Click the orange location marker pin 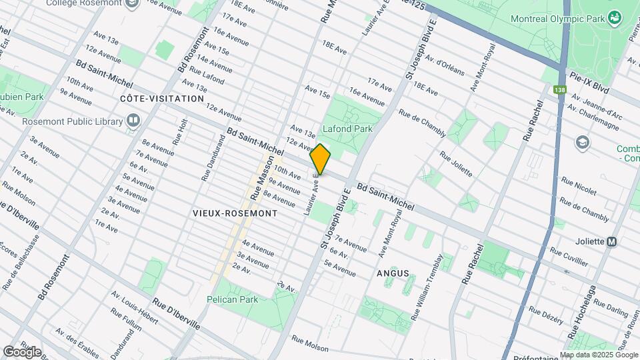(321, 159)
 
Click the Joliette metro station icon (611, 242)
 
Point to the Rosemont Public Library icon (134, 121)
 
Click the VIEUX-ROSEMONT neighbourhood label (235, 213)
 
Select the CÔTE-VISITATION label (162, 99)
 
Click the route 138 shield (559, 89)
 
